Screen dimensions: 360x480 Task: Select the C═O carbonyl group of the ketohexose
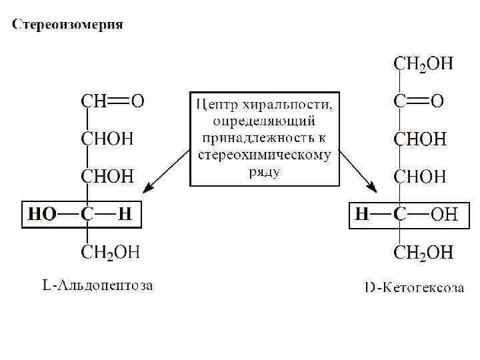coord(419,102)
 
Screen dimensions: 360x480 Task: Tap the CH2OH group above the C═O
coord(423,64)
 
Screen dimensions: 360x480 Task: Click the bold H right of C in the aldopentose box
coord(125,215)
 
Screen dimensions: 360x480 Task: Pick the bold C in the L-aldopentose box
coord(87,215)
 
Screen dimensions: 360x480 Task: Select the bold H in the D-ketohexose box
coord(362,215)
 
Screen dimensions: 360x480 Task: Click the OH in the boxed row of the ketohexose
coord(444,215)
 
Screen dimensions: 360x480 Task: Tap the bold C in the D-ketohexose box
coord(399,215)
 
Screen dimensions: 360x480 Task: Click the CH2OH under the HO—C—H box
coord(111,252)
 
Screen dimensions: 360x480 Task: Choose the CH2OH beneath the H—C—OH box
coord(423,252)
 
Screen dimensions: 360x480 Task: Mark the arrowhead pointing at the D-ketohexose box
coord(374,191)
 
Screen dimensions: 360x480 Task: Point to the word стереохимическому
coord(265,155)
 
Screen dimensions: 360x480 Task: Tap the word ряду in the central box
coord(265,171)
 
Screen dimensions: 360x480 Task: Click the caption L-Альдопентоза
coord(97,286)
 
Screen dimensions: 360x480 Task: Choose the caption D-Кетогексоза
coord(415,287)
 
